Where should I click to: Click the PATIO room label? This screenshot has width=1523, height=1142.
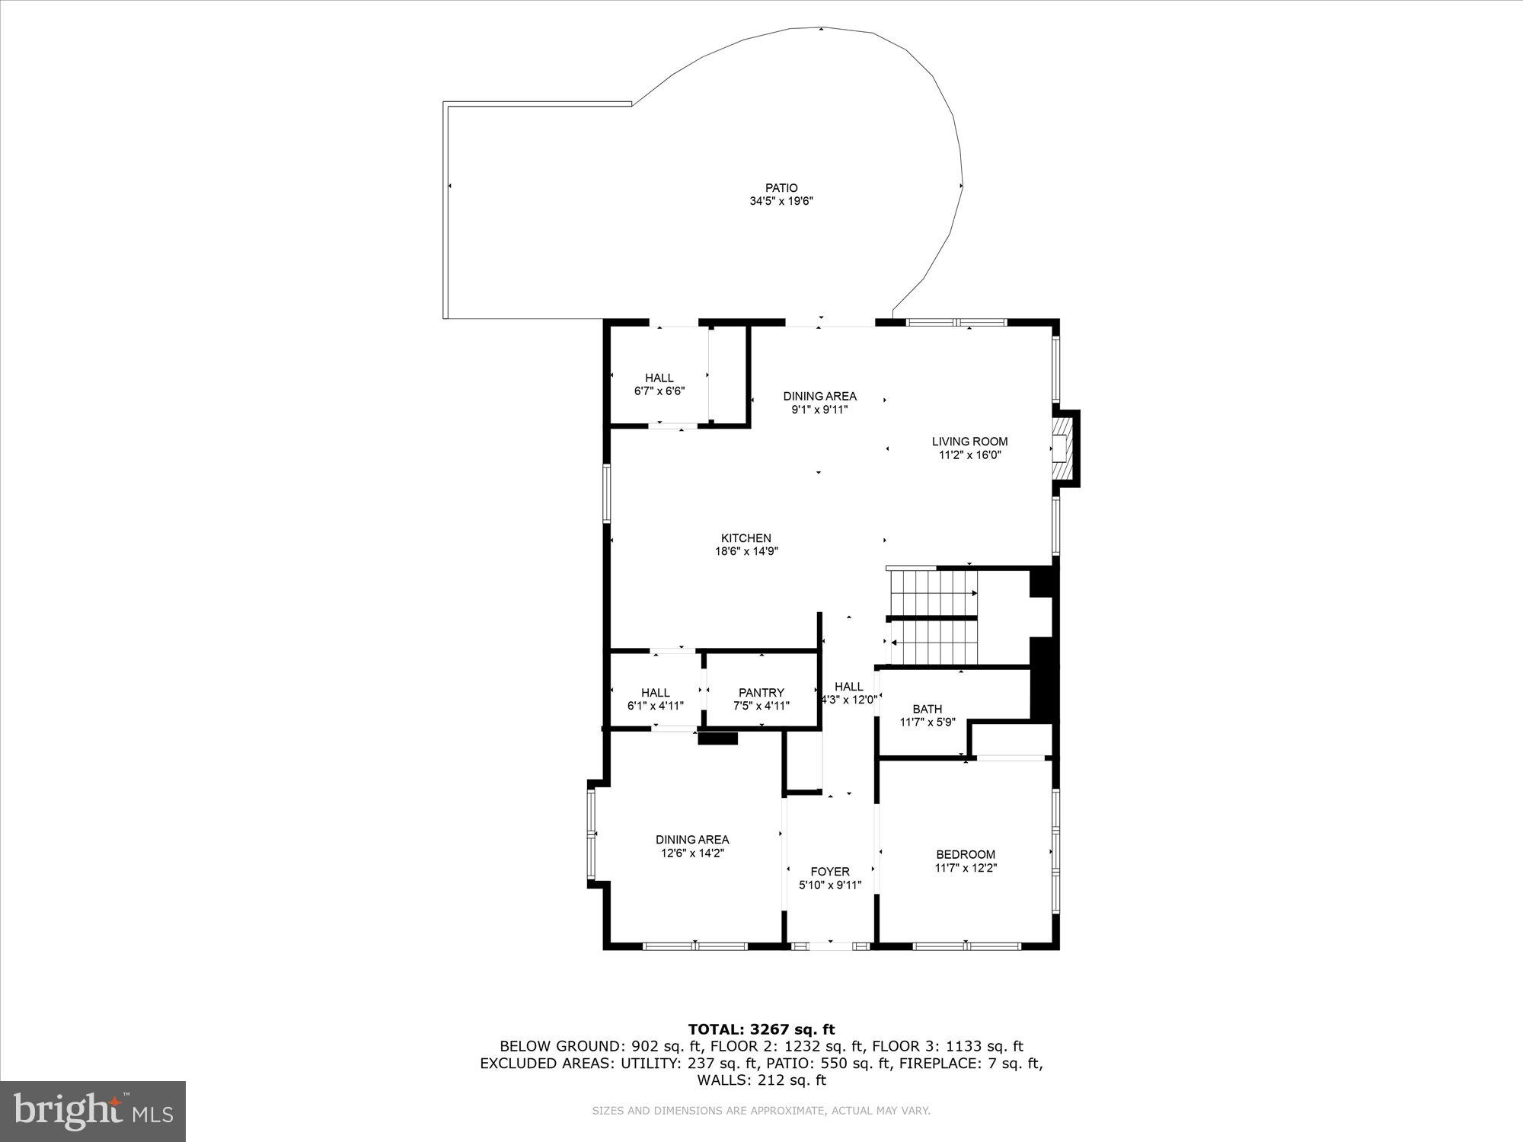pyautogui.click(x=781, y=188)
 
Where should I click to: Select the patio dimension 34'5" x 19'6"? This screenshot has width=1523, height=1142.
pyautogui.click(x=781, y=202)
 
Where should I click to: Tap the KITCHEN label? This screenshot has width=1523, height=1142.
pyautogui.click(x=746, y=538)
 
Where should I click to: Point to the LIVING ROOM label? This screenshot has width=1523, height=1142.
pyautogui.click(x=969, y=442)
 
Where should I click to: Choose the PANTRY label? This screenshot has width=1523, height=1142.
pyautogui.click(x=761, y=692)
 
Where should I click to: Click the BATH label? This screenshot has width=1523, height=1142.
pyautogui.click(x=927, y=709)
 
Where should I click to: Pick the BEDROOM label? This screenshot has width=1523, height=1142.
pyautogui.click(x=966, y=854)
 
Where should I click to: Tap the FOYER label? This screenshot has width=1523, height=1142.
pyautogui.click(x=829, y=872)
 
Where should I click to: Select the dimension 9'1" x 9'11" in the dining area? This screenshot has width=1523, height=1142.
pyautogui.click(x=819, y=410)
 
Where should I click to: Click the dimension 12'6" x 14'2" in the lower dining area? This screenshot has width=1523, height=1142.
pyautogui.click(x=691, y=853)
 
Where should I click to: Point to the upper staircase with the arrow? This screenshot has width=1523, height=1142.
pyautogui.click(x=934, y=593)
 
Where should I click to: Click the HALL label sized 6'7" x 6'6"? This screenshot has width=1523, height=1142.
pyautogui.click(x=659, y=378)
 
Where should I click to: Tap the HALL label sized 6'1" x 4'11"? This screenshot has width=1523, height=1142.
pyautogui.click(x=655, y=692)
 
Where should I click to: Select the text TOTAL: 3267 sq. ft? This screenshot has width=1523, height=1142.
pyautogui.click(x=761, y=1029)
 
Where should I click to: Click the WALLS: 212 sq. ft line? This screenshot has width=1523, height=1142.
pyautogui.click(x=761, y=1080)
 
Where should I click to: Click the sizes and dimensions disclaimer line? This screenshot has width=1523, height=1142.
pyautogui.click(x=761, y=1111)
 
